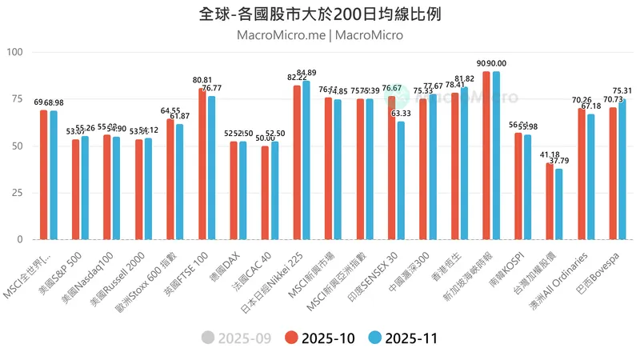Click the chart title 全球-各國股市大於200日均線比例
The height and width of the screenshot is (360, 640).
tap(320, 14)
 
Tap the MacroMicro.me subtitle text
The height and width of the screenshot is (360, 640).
tap(282, 35)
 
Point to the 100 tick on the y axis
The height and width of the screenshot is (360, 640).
tap(16, 52)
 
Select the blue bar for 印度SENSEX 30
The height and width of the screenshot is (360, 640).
tap(401, 180)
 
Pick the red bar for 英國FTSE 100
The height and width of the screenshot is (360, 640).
tap(202, 164)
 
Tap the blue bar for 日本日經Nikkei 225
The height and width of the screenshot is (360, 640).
tap(306, 160)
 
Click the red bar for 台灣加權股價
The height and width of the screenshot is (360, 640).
tap(550, 201)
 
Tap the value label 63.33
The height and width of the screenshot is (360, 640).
tap(401, 114)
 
